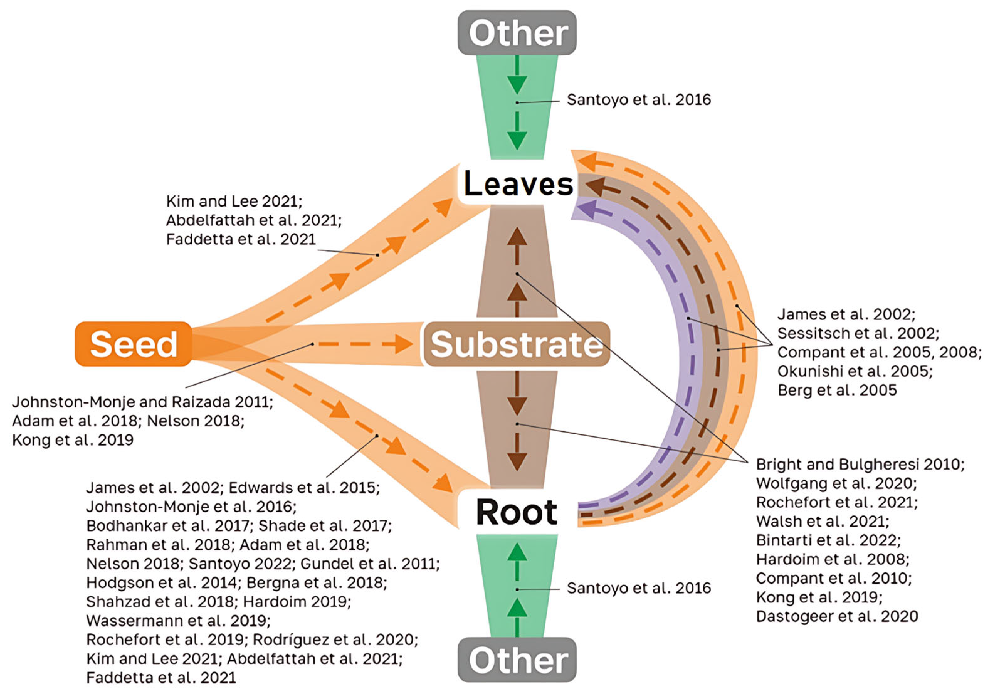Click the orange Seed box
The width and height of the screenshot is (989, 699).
point(134,344)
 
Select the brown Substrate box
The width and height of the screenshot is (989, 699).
point(517,344)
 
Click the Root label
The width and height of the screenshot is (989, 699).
point(517,512)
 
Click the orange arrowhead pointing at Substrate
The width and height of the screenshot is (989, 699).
point(404,344)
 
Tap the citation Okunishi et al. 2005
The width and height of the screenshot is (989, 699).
point(855,371)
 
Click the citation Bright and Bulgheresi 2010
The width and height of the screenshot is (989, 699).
point(860,464)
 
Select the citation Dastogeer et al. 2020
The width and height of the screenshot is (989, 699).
point(837,616)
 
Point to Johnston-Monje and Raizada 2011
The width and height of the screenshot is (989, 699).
point(142,402)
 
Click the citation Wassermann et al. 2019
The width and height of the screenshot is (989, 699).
point(178,621)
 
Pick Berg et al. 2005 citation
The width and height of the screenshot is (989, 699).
point(837,390)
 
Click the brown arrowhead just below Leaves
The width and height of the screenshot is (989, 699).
point(517,237)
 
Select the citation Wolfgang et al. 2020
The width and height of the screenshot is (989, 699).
point(837,483)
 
